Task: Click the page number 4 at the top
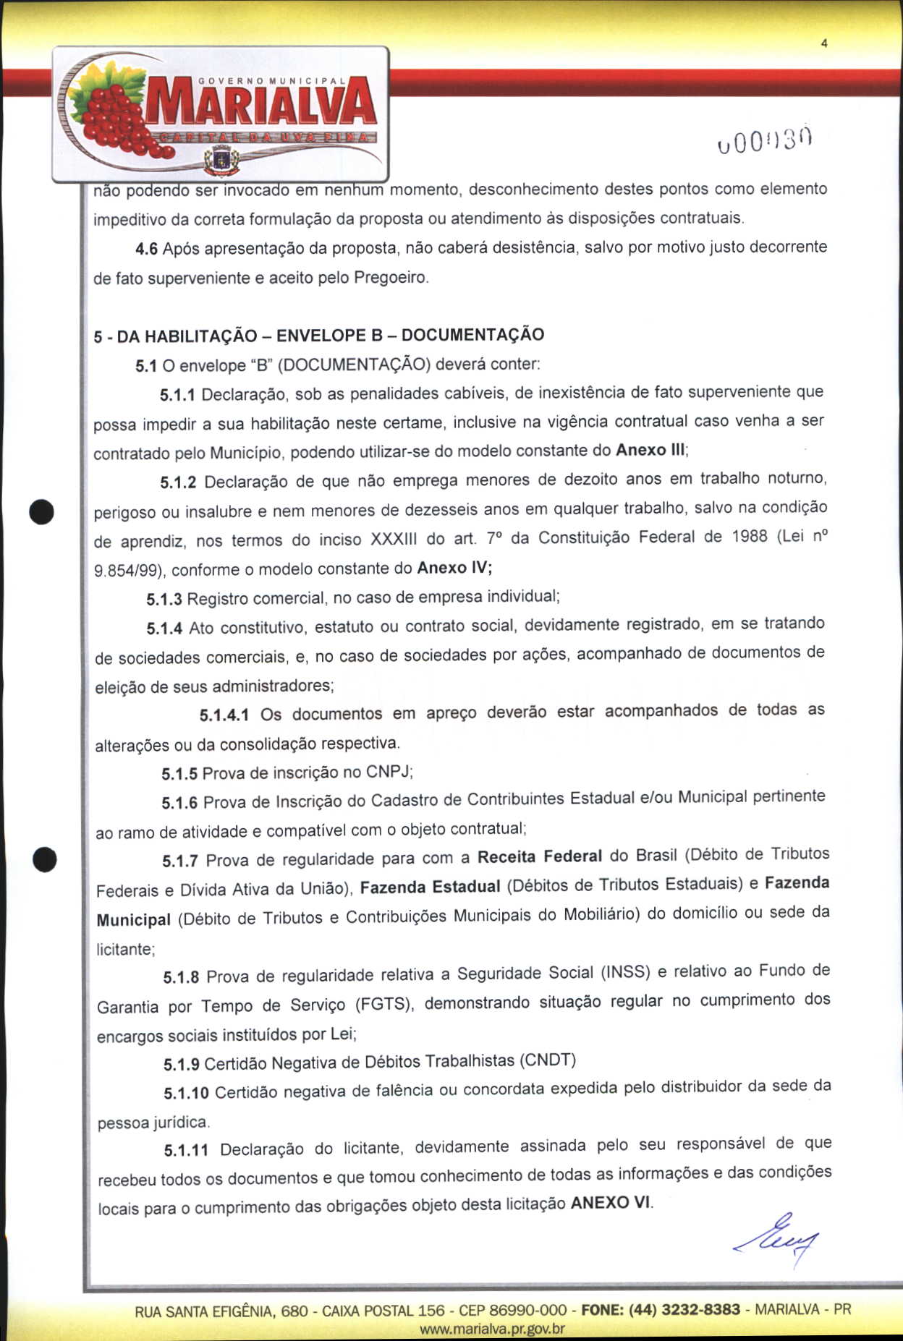click(824, 43)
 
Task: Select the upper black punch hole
click(42, 511)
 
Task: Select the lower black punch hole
click(44, 859)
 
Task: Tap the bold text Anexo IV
click(454, 568)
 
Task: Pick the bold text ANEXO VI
click(610, 1203)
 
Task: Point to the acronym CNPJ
click(389, 771)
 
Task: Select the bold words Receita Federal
click(539, 856)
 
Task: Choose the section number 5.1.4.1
click(224, 715)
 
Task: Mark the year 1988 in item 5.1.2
click(749, 537)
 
